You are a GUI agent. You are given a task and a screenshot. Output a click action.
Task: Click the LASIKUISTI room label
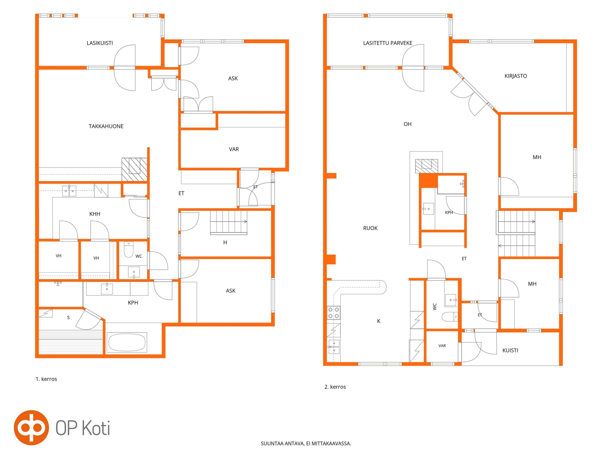100,43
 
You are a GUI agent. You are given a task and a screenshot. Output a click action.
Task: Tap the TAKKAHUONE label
106,126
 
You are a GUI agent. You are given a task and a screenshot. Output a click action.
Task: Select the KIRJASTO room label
516,76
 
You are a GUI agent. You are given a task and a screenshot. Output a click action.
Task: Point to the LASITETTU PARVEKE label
388,43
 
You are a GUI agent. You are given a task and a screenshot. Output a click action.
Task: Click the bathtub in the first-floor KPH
127,342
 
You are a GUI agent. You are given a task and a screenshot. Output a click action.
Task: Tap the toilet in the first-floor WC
129,250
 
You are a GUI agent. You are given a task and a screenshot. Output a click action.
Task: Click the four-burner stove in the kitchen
334,313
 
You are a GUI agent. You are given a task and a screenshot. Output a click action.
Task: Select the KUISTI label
510,350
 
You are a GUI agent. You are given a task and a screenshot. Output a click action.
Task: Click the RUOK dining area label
370,228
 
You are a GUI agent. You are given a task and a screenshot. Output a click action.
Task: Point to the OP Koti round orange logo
31,427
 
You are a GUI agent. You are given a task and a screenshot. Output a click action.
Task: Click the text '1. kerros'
46,379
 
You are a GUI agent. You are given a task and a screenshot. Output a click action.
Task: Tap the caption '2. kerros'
335,387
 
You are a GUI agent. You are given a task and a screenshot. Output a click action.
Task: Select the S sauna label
68,317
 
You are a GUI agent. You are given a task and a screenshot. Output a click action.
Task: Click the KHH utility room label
95,214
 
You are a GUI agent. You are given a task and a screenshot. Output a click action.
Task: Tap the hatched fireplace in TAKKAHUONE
135,170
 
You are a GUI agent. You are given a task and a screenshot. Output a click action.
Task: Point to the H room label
225,242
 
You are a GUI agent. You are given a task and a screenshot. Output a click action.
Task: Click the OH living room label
407,124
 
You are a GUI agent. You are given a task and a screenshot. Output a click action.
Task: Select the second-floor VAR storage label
442,346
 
